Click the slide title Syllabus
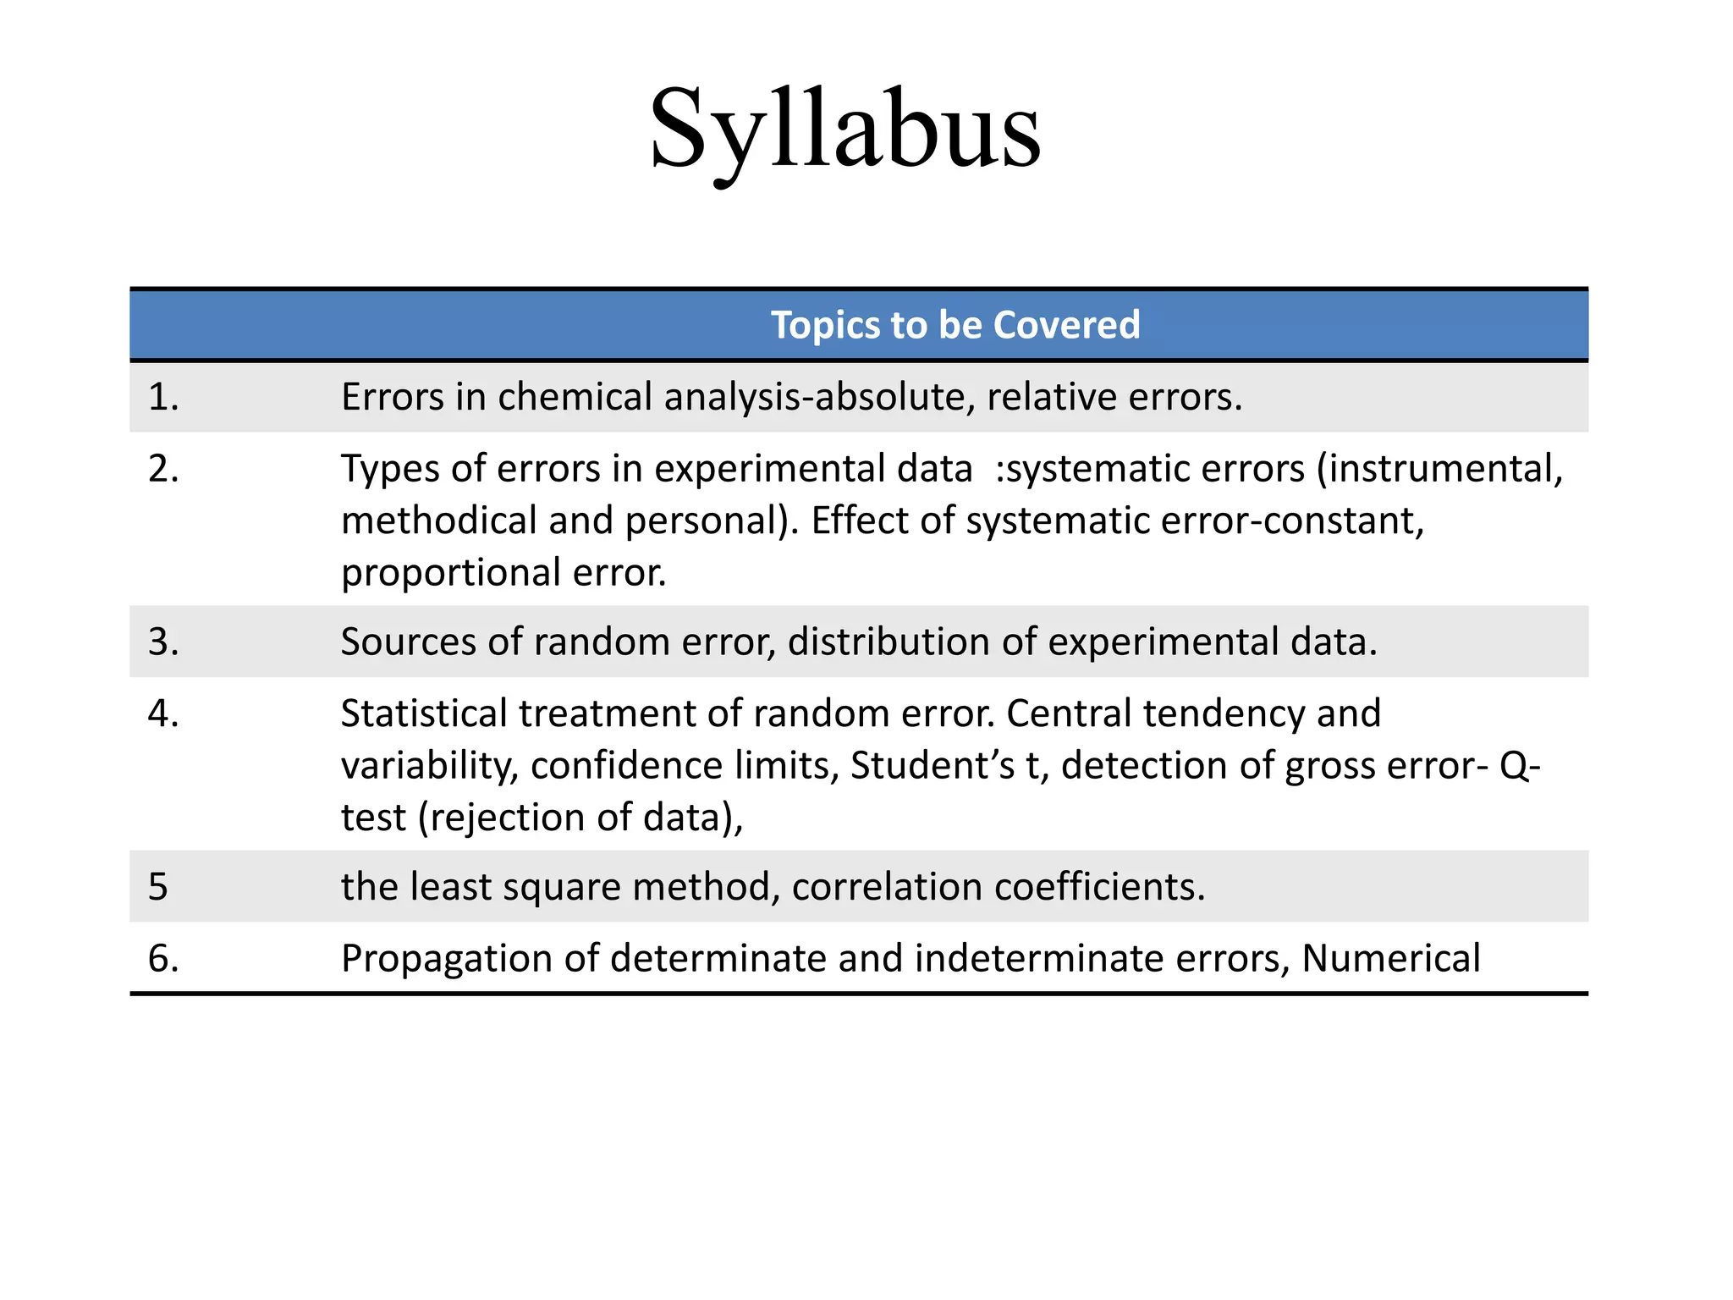click(844, 129)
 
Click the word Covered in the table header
click(1066, 325)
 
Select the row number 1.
click(163, 397)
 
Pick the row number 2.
click(163, 469)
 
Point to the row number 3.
click(163, 642)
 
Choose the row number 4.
click(163, 713)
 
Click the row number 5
click(158, 886)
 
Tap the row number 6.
click(163, 958)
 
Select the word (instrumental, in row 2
click(1439, 469)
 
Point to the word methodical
click(438, 521)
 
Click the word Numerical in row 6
click(1391, 958)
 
